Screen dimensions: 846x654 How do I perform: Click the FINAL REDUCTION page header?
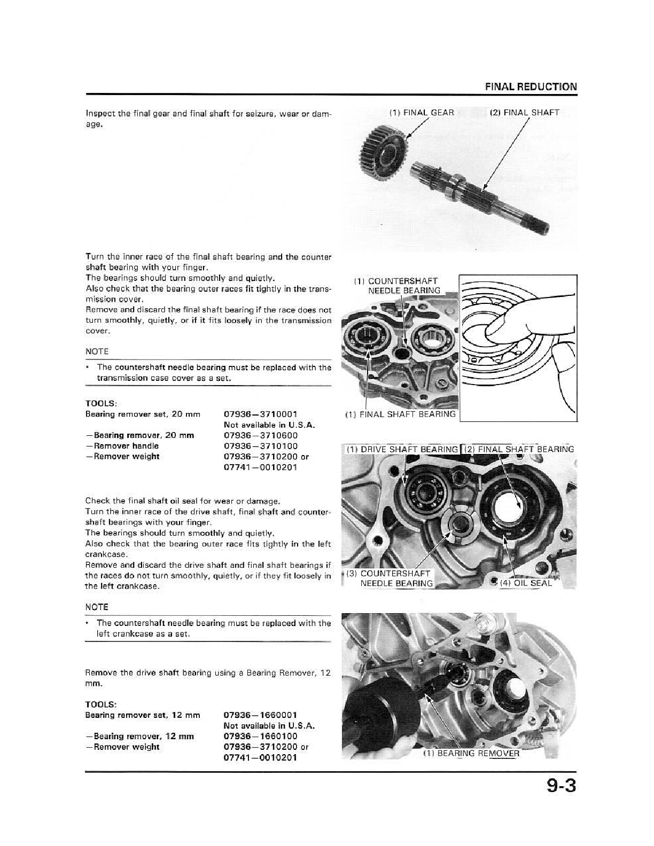click(531, 87)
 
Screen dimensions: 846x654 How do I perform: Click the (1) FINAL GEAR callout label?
click(422, 113)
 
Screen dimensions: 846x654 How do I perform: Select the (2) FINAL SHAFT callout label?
click(524, 113)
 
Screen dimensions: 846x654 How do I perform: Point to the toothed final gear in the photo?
click(384, 145)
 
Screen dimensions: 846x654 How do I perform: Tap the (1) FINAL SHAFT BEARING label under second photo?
click(400, 414)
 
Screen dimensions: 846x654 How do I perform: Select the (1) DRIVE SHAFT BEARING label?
click(402, 449)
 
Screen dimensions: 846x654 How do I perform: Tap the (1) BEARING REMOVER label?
click(471, 754)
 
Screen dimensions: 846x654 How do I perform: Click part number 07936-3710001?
click(260, 414)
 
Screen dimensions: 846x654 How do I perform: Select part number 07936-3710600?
click(260, 435)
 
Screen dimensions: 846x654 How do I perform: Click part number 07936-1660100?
click(260, 736)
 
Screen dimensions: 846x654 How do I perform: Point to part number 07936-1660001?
click(260, 715)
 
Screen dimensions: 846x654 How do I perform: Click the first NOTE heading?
click(97, 351)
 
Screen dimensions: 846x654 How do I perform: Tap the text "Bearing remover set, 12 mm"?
click(143, 715)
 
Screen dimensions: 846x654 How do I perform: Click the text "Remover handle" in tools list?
click(126, 446)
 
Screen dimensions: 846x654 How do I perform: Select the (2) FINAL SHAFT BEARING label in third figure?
click(518, 449)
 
